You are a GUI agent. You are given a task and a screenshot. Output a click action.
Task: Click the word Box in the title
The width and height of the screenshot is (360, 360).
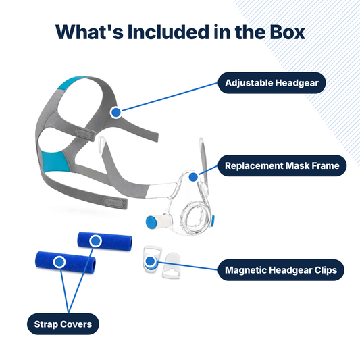click(x=287, y=32)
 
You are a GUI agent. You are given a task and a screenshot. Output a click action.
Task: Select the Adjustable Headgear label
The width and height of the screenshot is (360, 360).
click(x=272, y=83)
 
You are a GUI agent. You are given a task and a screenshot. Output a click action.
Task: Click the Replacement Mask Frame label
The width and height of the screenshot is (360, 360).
click(x=282, y=165)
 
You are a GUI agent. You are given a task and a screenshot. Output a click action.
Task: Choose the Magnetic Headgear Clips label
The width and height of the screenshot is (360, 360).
click(x=281, y=270)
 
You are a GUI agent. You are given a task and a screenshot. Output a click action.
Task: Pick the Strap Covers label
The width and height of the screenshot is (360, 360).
click(x=63, y=324)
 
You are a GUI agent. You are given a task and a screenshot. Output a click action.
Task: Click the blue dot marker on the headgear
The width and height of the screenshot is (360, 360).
click(x=116, y=113)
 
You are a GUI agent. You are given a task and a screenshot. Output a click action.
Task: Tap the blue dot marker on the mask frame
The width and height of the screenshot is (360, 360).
click(x=193, y=177)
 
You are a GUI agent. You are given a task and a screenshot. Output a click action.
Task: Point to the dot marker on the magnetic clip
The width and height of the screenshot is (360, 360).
click(x=151, y=261)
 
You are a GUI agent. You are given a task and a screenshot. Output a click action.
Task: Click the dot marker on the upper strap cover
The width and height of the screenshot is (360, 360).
click(x=95, y=241)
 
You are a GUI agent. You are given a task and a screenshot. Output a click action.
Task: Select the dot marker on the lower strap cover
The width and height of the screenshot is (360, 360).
click(x=59, y=262)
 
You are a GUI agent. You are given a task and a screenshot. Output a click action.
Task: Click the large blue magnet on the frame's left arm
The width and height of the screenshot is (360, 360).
click(x=151, y=222)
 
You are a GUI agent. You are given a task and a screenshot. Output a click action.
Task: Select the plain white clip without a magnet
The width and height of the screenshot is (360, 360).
click(x=172, y=265)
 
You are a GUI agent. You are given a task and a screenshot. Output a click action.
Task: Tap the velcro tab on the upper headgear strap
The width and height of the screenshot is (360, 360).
click(x=85, y=134)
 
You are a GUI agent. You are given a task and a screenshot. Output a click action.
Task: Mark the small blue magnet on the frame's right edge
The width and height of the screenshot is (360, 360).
click(x=213, y=220)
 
